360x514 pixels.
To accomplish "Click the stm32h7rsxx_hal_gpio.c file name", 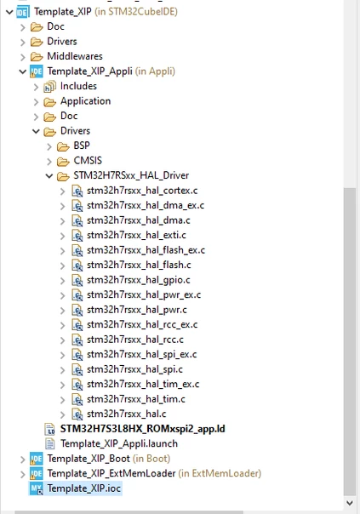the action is [139, 280].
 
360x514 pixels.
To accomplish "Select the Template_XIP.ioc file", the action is [84, 488].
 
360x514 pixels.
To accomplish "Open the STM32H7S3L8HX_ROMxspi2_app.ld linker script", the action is [143, 429].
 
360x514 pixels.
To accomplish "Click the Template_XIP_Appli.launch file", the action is [119, 443].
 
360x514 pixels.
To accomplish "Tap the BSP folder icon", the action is [63, 146].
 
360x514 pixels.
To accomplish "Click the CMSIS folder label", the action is [88, 161].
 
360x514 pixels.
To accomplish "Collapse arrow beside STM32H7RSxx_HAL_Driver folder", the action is [49, 176].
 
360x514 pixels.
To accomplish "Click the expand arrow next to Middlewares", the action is [23, 57].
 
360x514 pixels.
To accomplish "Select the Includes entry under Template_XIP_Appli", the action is [78, 86].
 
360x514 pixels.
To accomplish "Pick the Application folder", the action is [85, 101].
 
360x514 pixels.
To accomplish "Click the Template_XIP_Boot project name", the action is [89, 459].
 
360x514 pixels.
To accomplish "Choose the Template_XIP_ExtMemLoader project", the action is [111, 473].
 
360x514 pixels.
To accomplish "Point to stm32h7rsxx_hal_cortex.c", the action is [142, 191].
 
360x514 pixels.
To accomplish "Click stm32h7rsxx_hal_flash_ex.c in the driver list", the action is [146, 250].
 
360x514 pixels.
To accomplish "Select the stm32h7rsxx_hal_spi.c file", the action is [134, 369].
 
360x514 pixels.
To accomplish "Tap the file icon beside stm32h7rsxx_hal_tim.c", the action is [77, 399].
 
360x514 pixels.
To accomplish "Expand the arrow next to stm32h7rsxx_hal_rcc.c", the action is [63, 340].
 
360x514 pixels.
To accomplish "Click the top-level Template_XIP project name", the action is [63, 12].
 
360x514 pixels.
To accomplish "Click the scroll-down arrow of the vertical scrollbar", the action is [350, 503].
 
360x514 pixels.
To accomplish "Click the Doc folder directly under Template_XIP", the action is [55, 26].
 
